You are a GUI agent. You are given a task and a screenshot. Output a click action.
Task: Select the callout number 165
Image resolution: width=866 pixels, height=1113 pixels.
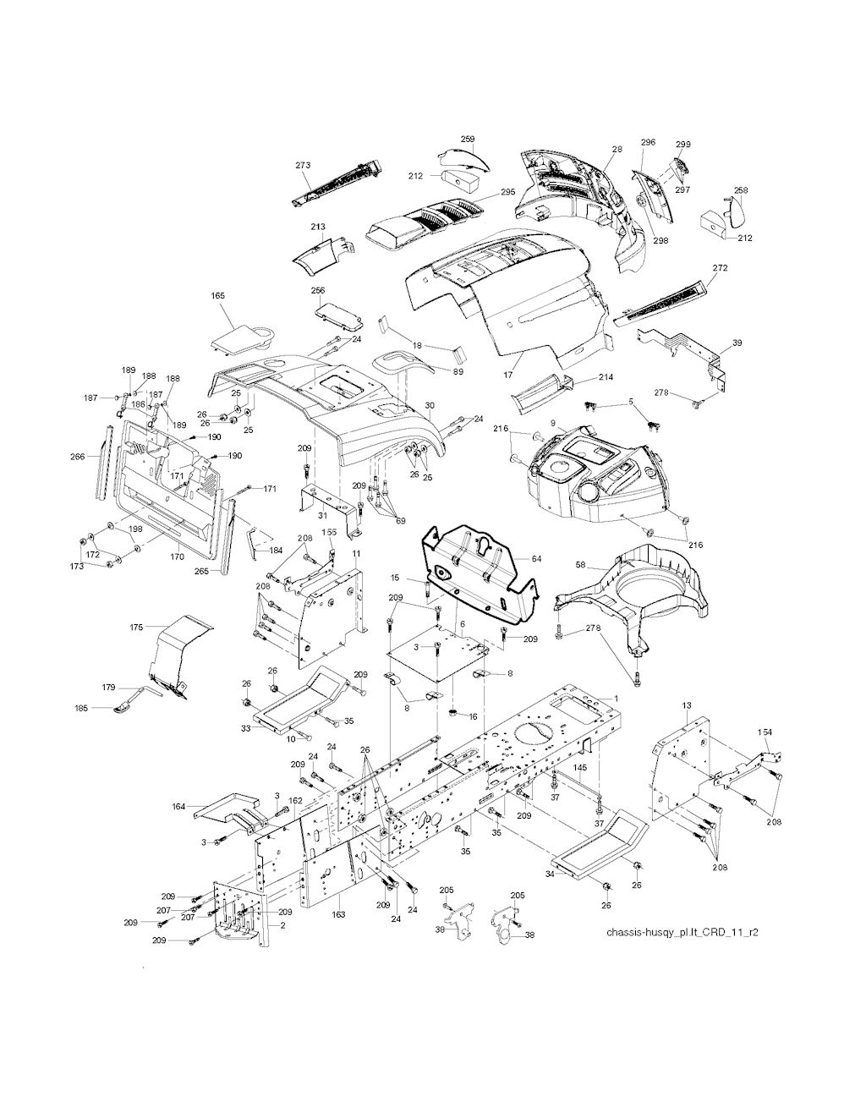tap(217, 296)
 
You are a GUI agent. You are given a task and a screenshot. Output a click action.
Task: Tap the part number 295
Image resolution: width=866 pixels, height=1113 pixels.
tap(507, 193)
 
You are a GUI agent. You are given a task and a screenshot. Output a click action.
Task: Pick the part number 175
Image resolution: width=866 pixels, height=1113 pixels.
tap(136, 628)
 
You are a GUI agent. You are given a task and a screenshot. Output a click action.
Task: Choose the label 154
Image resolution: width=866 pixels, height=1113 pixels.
tap(765, 732)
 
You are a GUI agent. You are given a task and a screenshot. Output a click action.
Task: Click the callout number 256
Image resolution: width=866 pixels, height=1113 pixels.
tap(318, 291)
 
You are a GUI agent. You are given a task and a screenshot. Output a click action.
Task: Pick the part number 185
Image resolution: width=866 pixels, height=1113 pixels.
tap(81, 706)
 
